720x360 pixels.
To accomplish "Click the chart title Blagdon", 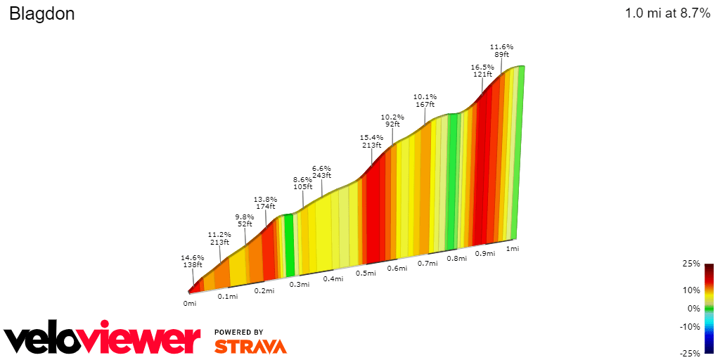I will point(41,14).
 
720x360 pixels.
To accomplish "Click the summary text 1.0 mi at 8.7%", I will point(667,14).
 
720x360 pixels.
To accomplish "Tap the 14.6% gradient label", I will point(192,258).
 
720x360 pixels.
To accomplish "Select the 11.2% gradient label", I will point(219,234).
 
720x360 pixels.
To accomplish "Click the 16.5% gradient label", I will point(482,67).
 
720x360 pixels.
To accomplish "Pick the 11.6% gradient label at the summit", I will point(501,46).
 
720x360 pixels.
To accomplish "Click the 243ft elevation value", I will point(321,177).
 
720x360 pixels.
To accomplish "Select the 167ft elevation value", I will point(425,105).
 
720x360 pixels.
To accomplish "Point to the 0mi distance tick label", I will point(189,304).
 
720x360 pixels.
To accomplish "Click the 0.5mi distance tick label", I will point(365,273).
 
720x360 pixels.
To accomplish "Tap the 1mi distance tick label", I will point(513,249).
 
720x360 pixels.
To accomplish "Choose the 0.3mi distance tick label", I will point(300,285).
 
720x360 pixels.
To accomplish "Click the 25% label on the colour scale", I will point(692,264).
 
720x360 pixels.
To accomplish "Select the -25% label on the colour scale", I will point(690,353).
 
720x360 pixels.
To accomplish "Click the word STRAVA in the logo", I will point(250,346).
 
